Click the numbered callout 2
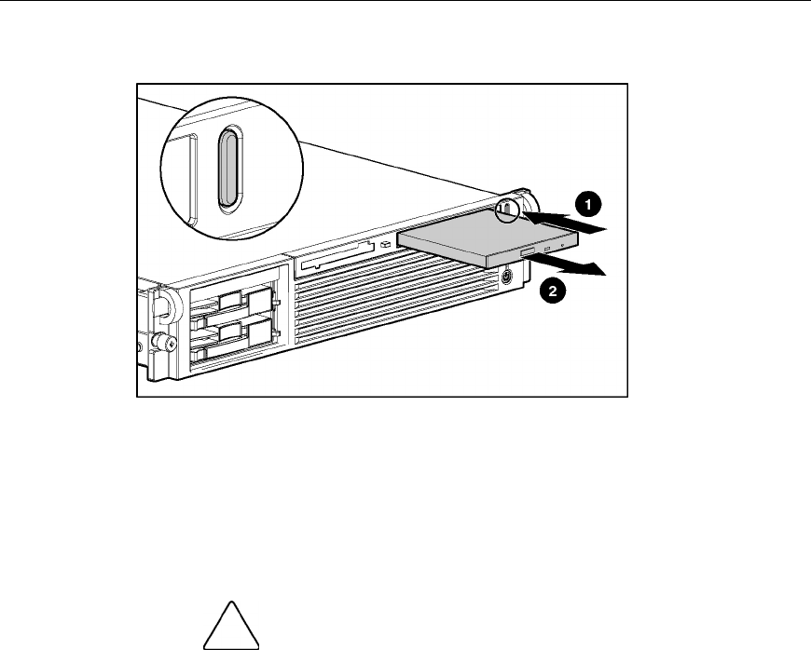pos(553,291)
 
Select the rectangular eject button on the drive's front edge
pos(542,252)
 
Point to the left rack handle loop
pos(161,304)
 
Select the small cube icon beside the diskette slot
pos(384,246)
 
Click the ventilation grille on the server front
pos(392,307)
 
